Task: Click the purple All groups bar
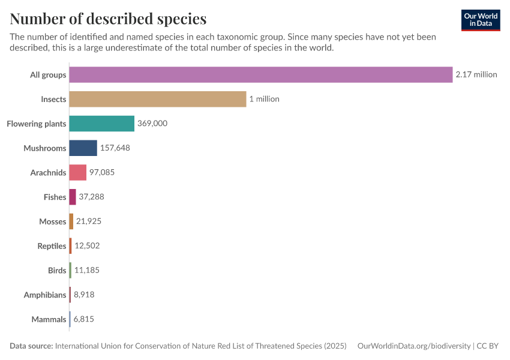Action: pos(260,74)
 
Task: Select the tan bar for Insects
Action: pos(158,99)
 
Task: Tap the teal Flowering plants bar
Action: pos(101,124)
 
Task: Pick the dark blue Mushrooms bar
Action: pos(83,148)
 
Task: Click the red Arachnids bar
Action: pos(77,172)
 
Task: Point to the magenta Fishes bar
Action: pos(73,197)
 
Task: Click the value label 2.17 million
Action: pos(476,74)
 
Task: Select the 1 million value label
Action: pos(265,99)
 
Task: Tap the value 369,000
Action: pos(152,124)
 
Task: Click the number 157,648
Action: pos(115,148)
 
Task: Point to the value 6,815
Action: pos(84,319)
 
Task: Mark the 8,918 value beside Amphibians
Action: pos(84,295)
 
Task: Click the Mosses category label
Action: pos(52,221)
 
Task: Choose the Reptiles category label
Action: pos(52,246)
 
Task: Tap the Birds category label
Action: pos(57,271)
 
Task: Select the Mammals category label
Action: pos(49,319)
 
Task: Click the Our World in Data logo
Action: pos(480,20)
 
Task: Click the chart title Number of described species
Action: pos(108,19)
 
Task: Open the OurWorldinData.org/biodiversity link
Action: pos(413,346)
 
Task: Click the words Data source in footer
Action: pos(31,346)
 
